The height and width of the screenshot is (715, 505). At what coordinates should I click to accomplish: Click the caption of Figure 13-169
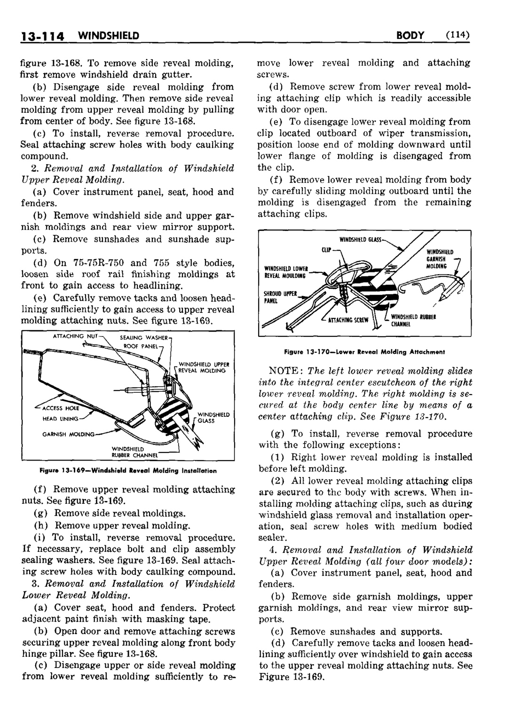click(x=127, y=470)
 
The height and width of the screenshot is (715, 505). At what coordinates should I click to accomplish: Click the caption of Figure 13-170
click(x=364, y=351)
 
